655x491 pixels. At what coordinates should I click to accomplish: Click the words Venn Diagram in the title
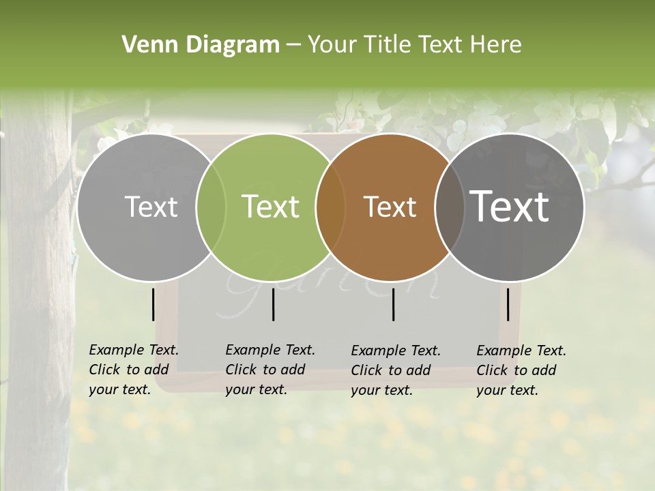point(201,45)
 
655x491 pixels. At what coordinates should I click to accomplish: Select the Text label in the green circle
point(271,207)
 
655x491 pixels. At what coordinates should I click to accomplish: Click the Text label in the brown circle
point(390,207)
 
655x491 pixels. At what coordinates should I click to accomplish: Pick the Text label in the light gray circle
point(151,207)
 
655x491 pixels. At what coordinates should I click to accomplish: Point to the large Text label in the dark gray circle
point(510,207)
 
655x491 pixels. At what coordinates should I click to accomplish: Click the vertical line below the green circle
point(273,304)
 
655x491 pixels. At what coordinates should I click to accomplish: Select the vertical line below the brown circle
point(394,304)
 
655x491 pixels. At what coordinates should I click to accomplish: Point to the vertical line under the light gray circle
point(153,304)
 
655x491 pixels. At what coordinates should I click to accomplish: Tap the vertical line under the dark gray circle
point(508,304)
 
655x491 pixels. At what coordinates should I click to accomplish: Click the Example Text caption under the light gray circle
point(134,370)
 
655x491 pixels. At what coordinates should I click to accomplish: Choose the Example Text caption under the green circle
point(270,370)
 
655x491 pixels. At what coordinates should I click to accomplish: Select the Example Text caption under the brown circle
point(396,370)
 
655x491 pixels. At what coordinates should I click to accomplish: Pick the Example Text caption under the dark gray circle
point(521,370)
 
